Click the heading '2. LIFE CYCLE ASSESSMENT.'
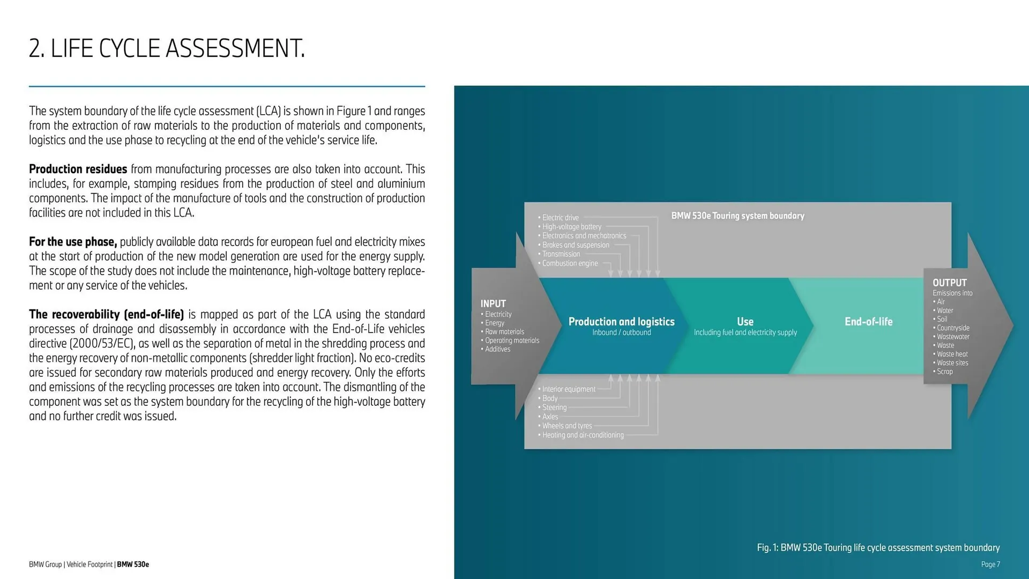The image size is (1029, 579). point(167,48)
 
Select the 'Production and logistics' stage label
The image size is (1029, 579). point(621,322)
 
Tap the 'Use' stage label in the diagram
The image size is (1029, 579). point(745,322)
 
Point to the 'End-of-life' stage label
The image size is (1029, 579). point(868,322)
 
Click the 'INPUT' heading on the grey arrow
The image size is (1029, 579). point(493,303)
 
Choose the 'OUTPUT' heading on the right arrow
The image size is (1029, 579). point(949,283)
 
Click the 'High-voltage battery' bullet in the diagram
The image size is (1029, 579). point(572,227)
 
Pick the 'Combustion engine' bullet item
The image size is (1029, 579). point(570,263)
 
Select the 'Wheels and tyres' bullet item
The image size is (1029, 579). point(567,426)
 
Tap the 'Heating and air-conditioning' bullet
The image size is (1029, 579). point(583,435)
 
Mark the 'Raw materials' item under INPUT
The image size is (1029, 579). point(504,332)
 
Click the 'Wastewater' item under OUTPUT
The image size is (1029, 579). point(953,337)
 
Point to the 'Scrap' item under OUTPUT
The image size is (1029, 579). point(945,372)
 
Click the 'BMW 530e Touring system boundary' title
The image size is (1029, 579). point(737,216)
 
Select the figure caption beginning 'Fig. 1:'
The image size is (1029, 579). point(878,547)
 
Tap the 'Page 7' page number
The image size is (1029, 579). point(990,564)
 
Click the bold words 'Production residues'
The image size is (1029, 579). point(78,169)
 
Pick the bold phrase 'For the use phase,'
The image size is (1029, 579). point(73,242)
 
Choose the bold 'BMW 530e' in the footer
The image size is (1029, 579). point(133,564)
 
